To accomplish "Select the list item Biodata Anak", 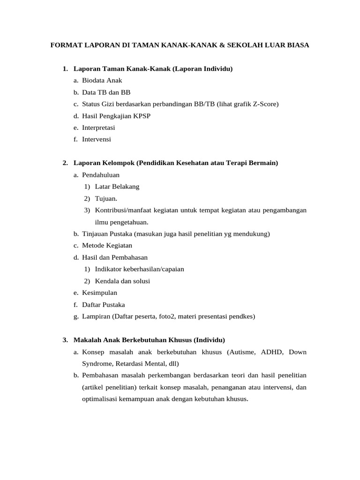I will coord(102,80).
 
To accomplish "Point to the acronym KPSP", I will coord(142,116).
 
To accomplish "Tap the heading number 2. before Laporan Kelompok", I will coord(65,163).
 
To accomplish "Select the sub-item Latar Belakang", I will coord(117,187).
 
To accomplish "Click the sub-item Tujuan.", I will coord(105,198).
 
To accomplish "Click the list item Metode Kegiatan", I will coord(107,245).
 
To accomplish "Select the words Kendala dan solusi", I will coord(122,281).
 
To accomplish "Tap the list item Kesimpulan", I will coord(99,292).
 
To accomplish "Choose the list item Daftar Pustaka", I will coord(103,304).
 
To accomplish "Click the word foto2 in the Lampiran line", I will coord(167,316).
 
